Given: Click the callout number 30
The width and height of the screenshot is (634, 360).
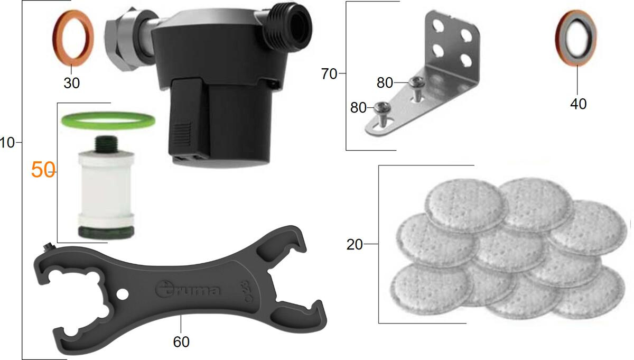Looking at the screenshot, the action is tap(72, 83).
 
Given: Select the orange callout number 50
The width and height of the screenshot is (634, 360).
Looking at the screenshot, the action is tap(43, 170).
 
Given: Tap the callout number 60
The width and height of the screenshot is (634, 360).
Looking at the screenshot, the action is tap(181, 342).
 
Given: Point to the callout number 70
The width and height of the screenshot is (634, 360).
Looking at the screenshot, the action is tap(329, 74).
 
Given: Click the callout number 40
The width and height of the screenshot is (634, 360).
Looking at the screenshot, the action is tap(578, 104).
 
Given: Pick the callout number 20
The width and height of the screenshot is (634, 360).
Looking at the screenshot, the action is tap(355, 244).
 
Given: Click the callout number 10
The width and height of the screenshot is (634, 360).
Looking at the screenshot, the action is tap(7, 143).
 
